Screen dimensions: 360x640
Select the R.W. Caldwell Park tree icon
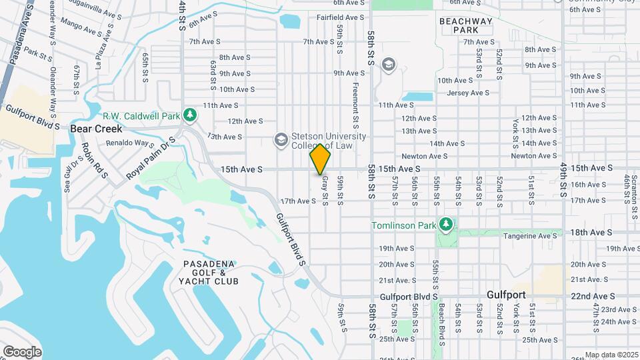coord(191,115)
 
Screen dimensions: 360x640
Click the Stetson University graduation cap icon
coord(281,139)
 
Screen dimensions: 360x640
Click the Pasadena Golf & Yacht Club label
coord(211,273)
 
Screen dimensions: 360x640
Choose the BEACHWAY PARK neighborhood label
coord(466,25)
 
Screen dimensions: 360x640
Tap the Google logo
coord(21,351)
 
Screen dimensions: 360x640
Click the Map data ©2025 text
coord(611,355)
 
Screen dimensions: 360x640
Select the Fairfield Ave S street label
coord(340,18)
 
